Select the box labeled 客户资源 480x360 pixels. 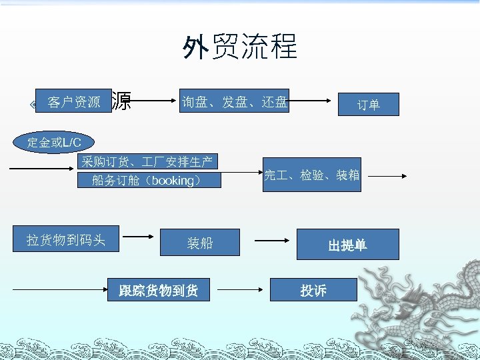coord(73,102)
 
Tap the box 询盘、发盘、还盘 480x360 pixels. coord(235,101)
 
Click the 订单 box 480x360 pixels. coord(368,105)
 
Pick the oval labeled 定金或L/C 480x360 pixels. coord(54,142)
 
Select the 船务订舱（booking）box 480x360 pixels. coord(147,181)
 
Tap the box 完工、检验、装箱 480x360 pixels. coord(312,175)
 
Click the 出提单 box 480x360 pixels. coord(347,245)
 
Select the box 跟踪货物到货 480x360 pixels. coord(159,290)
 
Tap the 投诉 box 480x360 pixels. coord(313,290)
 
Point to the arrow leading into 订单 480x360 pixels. coord(311,101)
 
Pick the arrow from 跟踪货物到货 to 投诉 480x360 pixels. coord(241,290)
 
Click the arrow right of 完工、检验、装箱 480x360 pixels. coord(387,176)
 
